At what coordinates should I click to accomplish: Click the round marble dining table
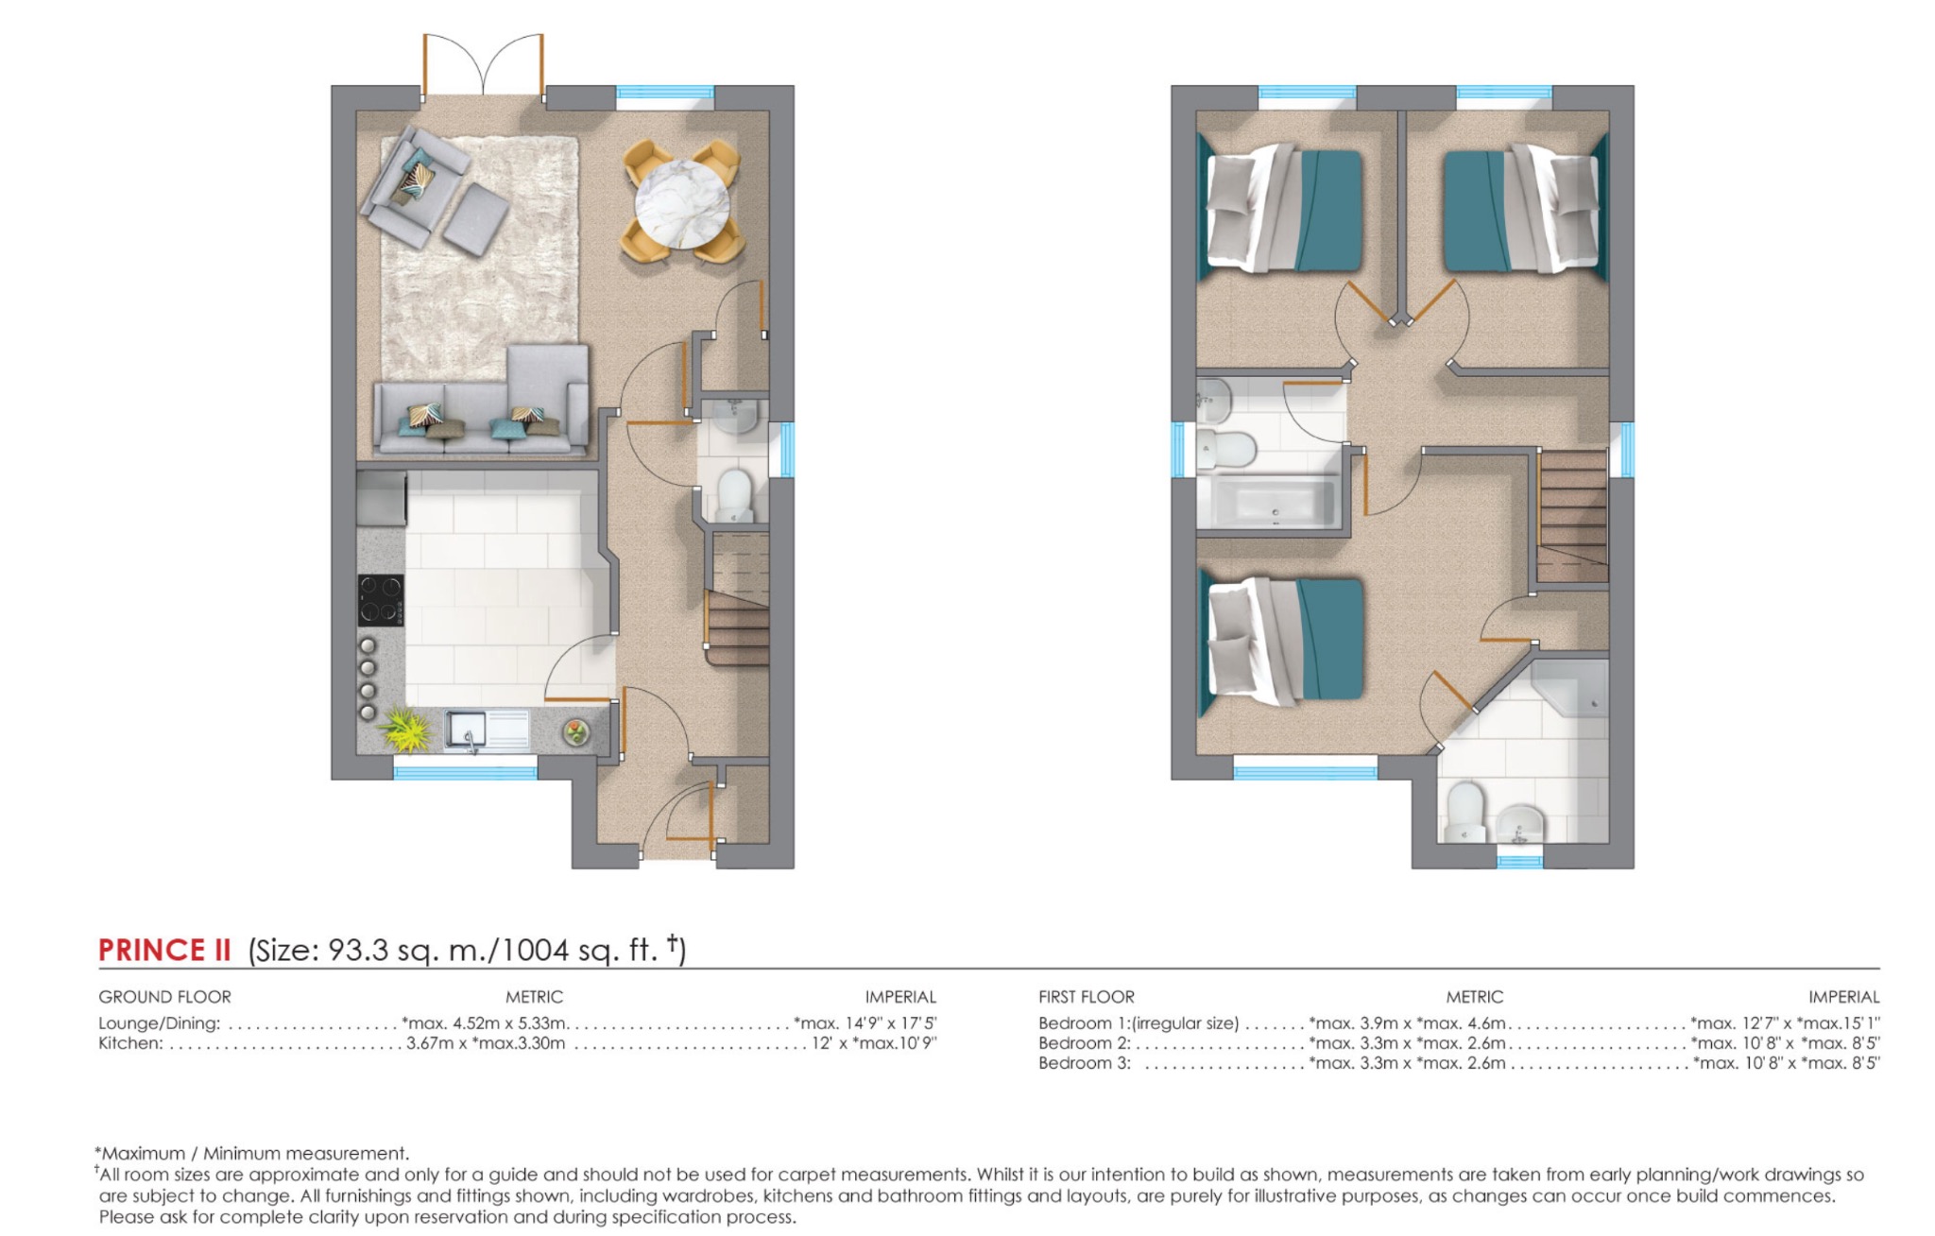[x=681, y=204]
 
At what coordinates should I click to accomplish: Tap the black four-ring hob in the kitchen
[x=380, y=600]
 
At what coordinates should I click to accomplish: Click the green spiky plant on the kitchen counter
[x=406, y=730]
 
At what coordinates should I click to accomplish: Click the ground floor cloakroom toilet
[x=734, y=495]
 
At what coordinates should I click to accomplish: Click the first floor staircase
[x=1572, y=515]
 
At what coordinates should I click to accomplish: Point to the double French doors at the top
[x=483, y=66]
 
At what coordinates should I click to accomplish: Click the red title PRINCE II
[x=164, y=950]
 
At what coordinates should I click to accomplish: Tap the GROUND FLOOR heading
[x=164, y=997]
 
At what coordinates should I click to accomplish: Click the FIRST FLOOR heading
[x=1086, y=997]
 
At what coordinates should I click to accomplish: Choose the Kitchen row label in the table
[x=130, y=1043]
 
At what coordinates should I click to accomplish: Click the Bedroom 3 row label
[x=1084, y=1063]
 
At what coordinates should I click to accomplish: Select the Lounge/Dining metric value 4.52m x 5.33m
[x=485, y=1023]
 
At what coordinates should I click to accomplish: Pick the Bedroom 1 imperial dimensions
[x=1785, y=1023]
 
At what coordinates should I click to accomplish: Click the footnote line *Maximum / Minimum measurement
[x=252, y=1153]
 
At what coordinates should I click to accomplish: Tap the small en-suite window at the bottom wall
[x=1519, y=862]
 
